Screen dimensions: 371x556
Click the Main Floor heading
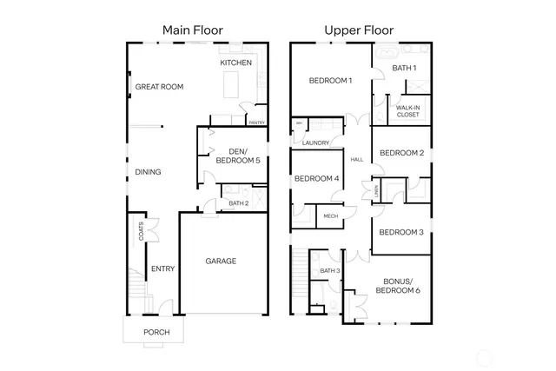point(193,30)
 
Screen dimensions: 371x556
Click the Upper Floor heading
point(359,30)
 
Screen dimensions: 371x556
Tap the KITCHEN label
point(236,63)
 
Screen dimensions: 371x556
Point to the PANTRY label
point(256,123)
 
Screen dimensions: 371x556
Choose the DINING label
point(148,172)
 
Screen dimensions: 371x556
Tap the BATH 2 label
point(239,203)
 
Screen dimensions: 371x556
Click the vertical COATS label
point(141,230)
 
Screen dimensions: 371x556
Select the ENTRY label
point(162,268)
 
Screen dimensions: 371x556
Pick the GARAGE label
point(221,261)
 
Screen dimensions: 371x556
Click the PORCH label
point(156,333)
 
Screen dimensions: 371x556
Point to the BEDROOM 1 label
point(331,81)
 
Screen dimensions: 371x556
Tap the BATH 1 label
point(404,68)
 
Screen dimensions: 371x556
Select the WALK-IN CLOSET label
point(407,110)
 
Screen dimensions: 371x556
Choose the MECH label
point(330,215)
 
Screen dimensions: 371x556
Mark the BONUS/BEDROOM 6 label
point(398,285)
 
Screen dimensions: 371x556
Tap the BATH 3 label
point(329,271)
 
